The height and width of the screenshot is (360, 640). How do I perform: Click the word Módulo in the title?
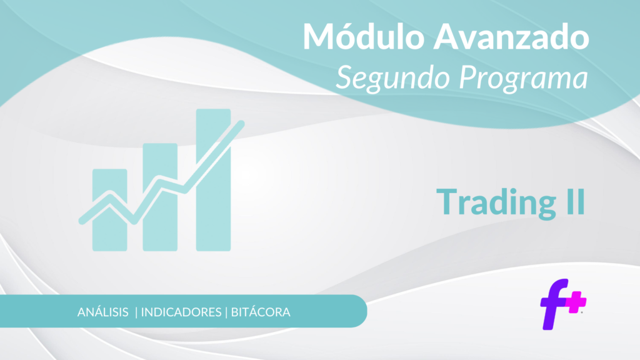click(364, 36)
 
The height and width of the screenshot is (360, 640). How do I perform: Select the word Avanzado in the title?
click(511, 37)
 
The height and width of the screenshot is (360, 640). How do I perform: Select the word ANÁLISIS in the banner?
click(103, 312)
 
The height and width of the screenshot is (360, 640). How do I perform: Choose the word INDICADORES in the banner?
click(181, 312)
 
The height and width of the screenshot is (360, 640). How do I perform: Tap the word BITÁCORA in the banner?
click(261, 312)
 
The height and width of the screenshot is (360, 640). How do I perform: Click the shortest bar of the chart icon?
click(110, 210)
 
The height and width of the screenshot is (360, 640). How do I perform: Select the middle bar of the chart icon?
click(160, 197)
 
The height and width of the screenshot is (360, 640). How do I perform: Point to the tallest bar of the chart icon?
click(214, 179)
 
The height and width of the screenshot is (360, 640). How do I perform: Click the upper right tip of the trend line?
click(241, 123)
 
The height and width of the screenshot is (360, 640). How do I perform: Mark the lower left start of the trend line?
click(82, 221)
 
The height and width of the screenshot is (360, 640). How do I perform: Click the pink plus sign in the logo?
click(576, 302)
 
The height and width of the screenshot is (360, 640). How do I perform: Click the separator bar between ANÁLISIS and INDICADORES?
click(136, 312)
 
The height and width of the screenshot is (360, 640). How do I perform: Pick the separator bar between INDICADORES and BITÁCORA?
click(226, 312)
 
